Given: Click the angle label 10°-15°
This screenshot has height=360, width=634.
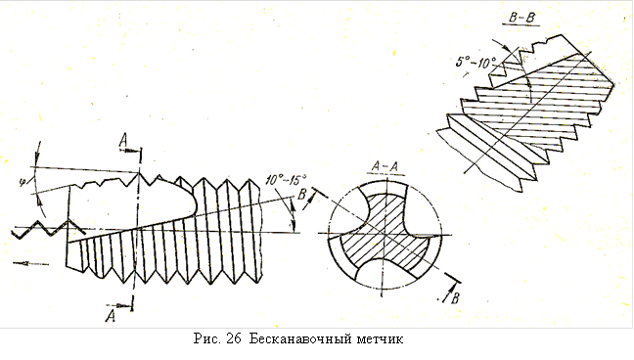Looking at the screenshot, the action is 286,179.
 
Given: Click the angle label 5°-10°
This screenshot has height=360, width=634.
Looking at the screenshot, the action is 475,63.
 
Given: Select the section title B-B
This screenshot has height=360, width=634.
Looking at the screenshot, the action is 521,19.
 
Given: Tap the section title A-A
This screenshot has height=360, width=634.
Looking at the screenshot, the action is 385,166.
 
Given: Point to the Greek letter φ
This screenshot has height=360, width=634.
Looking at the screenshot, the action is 23,182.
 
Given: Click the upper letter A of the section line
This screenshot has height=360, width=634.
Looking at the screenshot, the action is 123,140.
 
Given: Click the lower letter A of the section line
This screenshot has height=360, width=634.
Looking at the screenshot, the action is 111,315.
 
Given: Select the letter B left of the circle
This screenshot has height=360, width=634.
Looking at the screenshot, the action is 301,195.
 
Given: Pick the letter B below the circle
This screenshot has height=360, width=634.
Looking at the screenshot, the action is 455,298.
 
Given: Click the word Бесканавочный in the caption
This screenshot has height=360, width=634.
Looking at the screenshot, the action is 300,338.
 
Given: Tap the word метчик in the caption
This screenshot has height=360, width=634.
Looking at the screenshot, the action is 380,338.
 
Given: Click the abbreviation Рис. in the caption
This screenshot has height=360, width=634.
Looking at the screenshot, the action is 207,338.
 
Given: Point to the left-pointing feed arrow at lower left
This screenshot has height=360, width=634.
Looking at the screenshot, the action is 30,264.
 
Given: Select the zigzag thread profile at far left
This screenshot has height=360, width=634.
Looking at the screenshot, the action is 48,229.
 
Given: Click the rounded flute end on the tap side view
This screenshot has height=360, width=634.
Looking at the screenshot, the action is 191,200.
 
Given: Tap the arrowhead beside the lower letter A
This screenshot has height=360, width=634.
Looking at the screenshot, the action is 126,307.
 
